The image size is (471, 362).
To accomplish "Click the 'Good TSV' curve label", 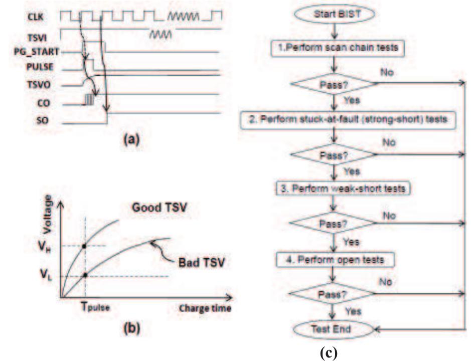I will (x=152, y=209).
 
